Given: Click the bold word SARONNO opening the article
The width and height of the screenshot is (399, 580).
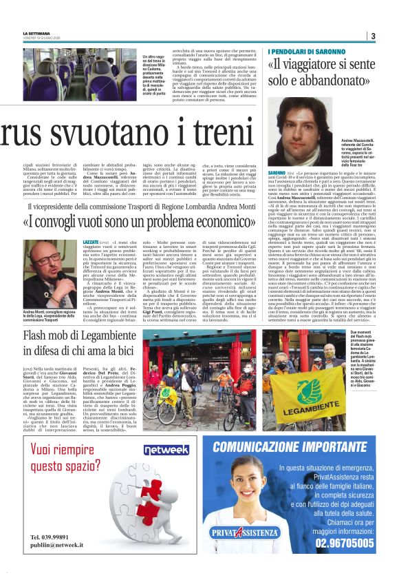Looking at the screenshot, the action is coord(277,172).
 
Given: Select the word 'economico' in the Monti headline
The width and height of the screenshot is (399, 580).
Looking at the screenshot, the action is coord(226,223).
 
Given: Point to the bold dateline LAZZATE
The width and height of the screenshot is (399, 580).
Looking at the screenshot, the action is coord(92,243).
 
